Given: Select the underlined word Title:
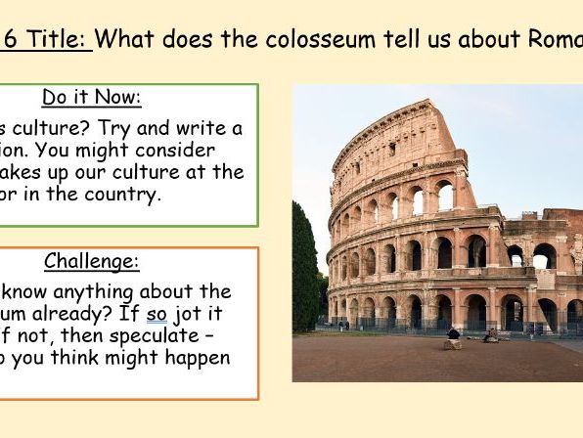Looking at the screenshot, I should point(59,40).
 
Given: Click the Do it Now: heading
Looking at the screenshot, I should point(92,97).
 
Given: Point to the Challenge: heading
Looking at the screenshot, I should point(92,261).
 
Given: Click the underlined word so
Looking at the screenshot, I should point(157,314).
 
